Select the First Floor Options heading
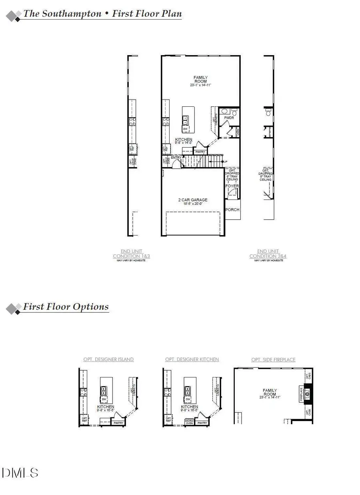66,307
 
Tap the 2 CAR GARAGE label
192,200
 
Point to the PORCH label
232,210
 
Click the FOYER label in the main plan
232,186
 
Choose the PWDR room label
229,118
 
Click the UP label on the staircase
226,162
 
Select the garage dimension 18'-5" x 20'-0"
192,204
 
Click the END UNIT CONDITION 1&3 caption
131,253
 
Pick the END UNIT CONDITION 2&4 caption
268,253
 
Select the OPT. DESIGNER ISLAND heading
108,359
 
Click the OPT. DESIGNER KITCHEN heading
192,359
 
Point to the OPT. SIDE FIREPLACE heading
274,359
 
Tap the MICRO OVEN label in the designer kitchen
189,422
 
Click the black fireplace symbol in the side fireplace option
307,393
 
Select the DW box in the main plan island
185,129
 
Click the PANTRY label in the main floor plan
200,152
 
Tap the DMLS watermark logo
20,473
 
